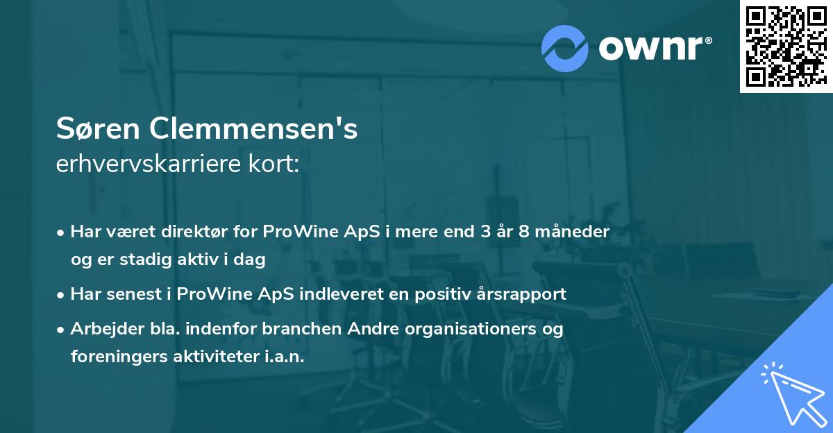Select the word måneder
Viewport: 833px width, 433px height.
pos(576,232)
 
